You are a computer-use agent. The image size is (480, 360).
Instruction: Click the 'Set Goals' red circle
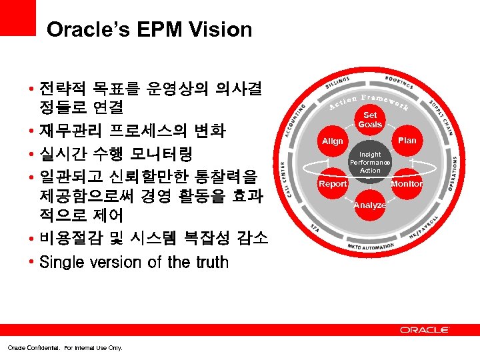[370, 120]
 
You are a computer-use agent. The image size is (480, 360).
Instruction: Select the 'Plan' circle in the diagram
[407, 141]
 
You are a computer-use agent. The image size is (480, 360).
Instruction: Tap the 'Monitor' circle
[407, 183]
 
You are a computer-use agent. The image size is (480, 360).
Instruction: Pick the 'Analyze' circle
[370, 205]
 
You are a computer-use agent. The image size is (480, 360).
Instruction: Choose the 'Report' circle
[333, 183]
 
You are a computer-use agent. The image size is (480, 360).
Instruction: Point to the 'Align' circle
[333, 141]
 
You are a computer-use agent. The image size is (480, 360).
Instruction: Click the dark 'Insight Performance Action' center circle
[370, 162]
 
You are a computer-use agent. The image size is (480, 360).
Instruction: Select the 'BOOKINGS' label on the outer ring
[399, 83]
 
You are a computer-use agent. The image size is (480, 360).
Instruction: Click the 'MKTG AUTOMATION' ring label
[370, 247]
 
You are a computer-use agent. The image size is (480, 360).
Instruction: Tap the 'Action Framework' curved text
[370, 101]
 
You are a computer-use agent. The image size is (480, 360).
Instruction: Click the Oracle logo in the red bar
[425, 329]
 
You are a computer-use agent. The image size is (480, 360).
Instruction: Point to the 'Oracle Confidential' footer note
[65, 347]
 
